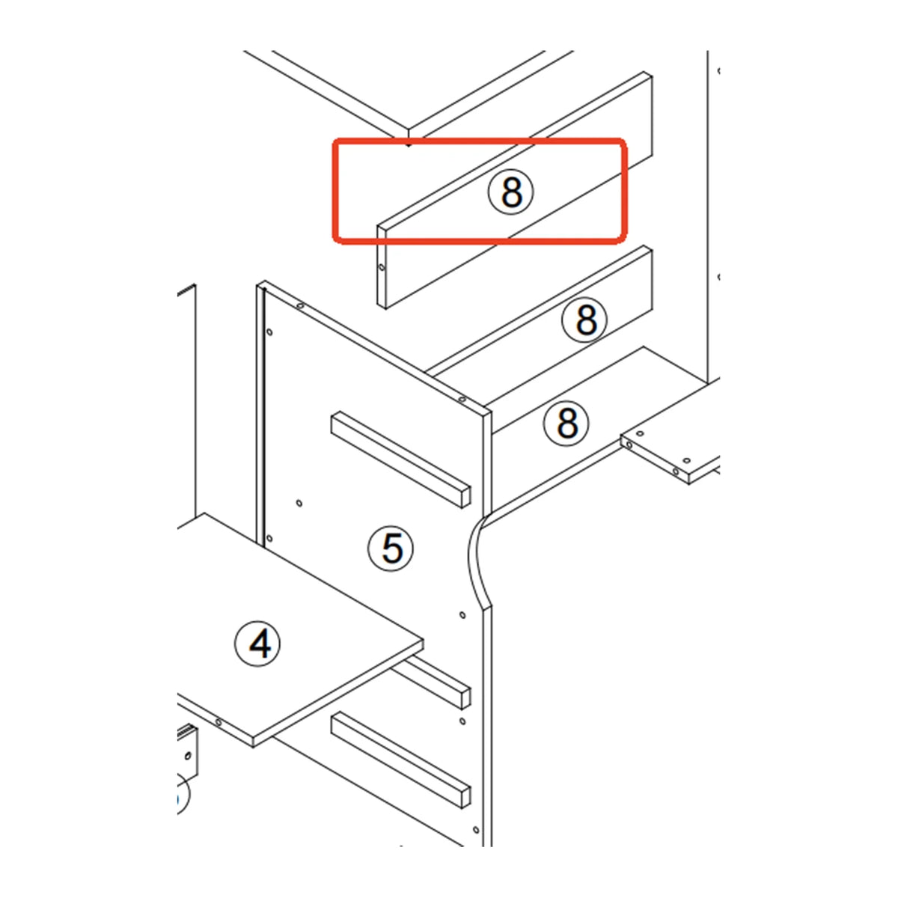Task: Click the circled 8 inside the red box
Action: click(x=511, y=192)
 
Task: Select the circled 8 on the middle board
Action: click(x=585, y=320)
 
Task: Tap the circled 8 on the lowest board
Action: click(x=566, y=423)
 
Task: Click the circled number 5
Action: click(x=391, y=549)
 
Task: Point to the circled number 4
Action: click(x=257, y=644)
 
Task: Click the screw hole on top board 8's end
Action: click(x=382, y=267)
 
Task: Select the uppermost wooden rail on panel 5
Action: click(x=401, y=459)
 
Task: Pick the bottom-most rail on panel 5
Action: click(x=401, y=760)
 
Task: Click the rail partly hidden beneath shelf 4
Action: click(x=431, y=682)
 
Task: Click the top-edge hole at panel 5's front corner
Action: click(x=462, y=400)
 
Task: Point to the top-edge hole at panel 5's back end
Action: click(x=300, y=306)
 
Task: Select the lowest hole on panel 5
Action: click(x=476, y=830)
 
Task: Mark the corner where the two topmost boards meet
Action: click(x=409, y=131)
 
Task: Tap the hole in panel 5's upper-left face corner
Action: click(x=269, y=332)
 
